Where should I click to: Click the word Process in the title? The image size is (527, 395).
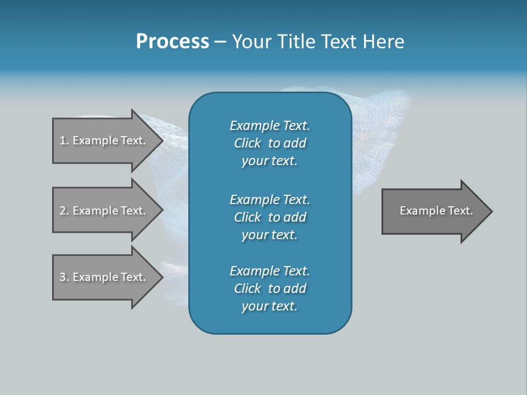[x=172, y=42]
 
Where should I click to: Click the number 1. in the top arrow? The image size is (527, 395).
[x=64, y=140]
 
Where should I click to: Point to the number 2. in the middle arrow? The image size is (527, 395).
[x=64, y=211]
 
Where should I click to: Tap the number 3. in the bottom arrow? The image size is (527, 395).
[x=64, y=277]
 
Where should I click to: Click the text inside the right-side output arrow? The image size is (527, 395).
[x=436, y=211]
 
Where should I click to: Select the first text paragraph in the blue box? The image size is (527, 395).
[x=270, y=143]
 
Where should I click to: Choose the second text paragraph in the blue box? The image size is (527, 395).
[x=270, y=217]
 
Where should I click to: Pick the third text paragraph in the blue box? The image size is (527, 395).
[x=270, y=289]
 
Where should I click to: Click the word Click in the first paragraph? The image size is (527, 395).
[x=248, y=143]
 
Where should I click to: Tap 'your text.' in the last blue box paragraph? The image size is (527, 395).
[x=270, y=306]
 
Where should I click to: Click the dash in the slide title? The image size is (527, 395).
[x=220, y=42]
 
